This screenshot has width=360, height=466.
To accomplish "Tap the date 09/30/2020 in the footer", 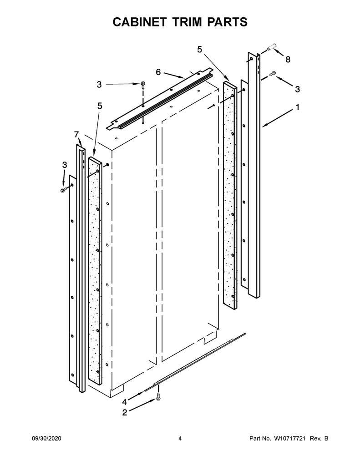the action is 46,438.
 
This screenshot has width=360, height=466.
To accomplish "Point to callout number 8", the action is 288,60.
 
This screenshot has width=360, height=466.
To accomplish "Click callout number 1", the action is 298,107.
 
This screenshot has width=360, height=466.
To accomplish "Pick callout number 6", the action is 158,72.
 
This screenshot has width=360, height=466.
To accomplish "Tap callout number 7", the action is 76,135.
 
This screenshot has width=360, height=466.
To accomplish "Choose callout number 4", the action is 124,402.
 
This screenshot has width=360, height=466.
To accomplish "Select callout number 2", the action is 125,412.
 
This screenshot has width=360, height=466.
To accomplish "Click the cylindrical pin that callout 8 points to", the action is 271,47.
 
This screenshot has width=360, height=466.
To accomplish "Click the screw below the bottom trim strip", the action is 158,395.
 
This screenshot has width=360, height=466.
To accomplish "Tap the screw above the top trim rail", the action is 143,84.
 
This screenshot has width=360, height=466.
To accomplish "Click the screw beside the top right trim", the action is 273,72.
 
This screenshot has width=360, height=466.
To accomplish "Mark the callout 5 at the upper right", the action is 199,49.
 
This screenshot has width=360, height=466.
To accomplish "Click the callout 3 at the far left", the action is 65,165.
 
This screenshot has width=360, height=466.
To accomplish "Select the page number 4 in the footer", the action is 180,438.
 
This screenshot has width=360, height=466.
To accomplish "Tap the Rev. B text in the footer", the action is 319,438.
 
